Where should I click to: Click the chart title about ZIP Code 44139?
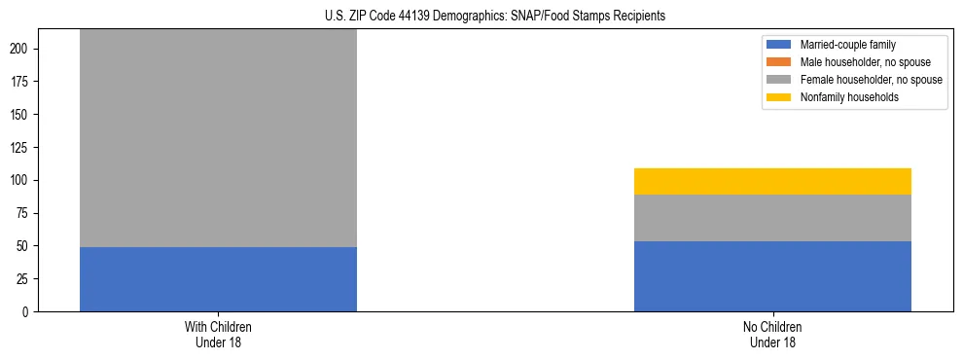[x=495, y=17]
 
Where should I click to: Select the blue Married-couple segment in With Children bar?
[x=218, y=279]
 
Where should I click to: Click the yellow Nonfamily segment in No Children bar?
[x=772, y=182]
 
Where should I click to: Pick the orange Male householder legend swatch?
[x=779, y=62]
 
